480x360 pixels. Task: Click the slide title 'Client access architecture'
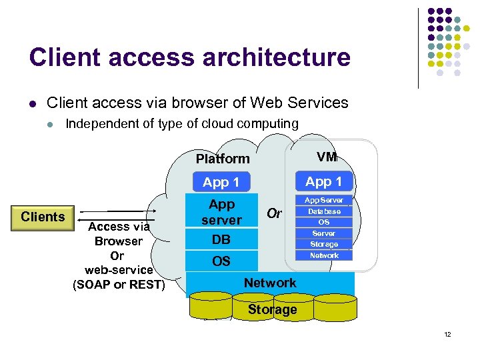click(x=189, y=57)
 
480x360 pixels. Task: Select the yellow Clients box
click(x=43, y=217)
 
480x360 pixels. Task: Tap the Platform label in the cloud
click(x=223, y=159)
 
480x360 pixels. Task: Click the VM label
click(x=327, y=157)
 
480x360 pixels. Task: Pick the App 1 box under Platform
click(x=221, y=182)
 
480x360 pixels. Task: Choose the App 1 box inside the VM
click(x=324, y=181)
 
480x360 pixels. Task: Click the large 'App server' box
click(x=221, y=212)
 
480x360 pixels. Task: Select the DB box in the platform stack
click(x=221, y=239)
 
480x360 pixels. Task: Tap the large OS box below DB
click(x=221, y=261)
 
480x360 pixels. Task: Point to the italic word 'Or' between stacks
click(x=273, y=213)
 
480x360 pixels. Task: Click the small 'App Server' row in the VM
click(x=324, y=200)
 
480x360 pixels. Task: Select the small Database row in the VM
click(x=324, y=211)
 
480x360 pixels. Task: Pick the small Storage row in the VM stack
click(x=324, y=244)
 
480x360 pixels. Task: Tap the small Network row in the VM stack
click(x=324, y=255)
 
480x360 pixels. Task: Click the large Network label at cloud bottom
click(x=270, y=283)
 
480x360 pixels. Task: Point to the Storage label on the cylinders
click(x=272, y=309)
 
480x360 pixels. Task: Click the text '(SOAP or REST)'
click(x=119, y=285)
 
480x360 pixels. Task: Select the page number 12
click(x=447, y=334)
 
